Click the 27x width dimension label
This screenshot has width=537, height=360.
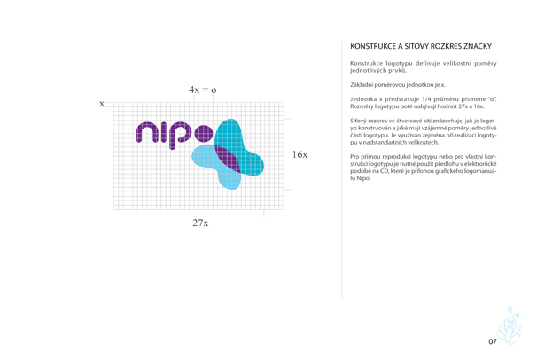pyautogui.click(x=200, y=223)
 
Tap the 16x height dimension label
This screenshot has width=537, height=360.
pyautogui.click(x=300, y=155)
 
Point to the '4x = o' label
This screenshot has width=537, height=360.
pyautogui.click(x=202, y=90)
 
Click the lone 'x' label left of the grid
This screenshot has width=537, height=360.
pyautogui.click(x=102, y=104)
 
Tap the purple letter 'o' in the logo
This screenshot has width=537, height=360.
pyautogui.click(x=203, y=134)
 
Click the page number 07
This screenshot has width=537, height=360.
pyautogui.click(x=493, y=341)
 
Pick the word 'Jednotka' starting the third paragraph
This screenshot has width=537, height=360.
pyautogui.click(x=366, y=98)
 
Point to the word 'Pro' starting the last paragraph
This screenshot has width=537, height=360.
pyautogui.click(x=356, y=156)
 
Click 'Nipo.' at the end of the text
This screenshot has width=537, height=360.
pyautogui.click(x=359, y=179)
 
